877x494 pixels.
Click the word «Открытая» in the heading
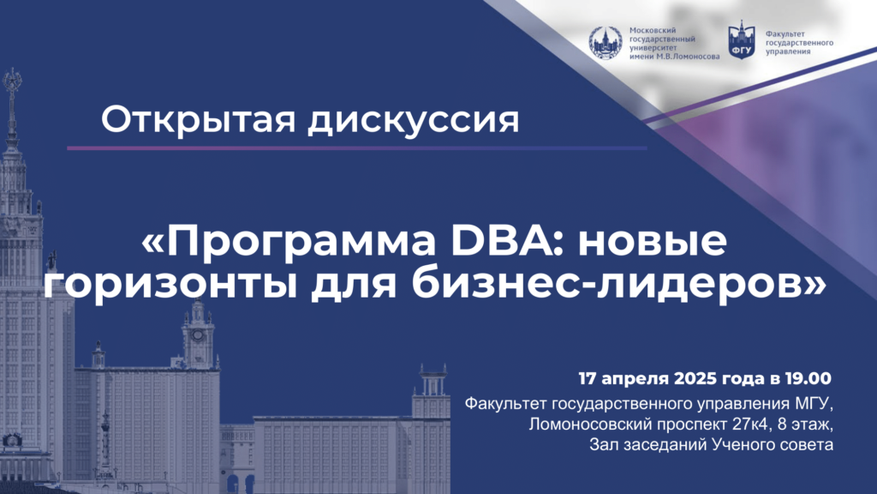pos(198,120)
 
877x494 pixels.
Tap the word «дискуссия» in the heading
pos(413,120)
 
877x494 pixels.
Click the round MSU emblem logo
pos(606,43)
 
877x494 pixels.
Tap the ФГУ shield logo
pos(742,41)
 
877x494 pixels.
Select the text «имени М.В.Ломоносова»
pos(675,57)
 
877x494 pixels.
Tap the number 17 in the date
pos(588,378)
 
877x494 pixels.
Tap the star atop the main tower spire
pos(12,80)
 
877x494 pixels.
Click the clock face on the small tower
pos(198,335)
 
